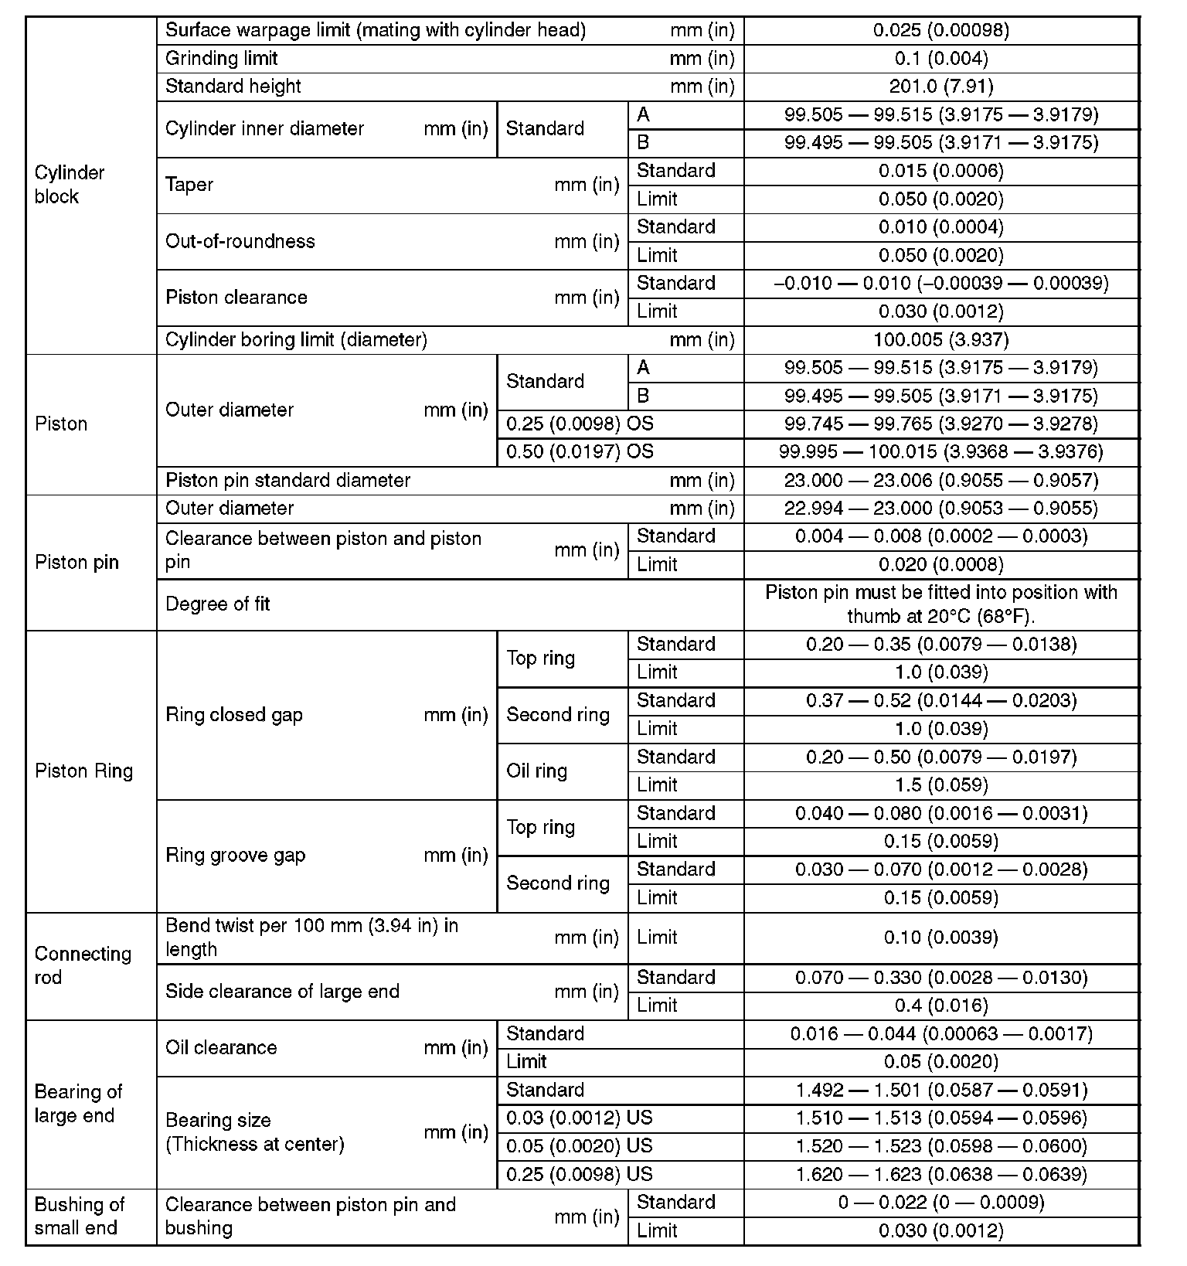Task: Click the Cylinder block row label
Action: [x=70, y=185]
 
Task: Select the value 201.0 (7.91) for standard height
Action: [x=940, y=87]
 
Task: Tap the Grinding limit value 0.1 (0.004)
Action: [x=940, y=59]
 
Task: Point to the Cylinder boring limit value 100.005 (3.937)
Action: [x=940, y=340]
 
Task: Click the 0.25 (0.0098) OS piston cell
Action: [x=580, y=424]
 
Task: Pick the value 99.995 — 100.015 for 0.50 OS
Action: [x=940, y=452]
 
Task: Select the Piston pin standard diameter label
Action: [x=287, y=481]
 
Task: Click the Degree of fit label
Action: [x=218, y=604]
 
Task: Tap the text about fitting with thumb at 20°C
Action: [x=940, y=604]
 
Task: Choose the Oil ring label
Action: [x=537, y=771]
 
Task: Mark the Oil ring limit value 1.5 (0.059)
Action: [x=940, y=785]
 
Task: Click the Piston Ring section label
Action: [x=84, y=771]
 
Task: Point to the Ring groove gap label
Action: [x=236, y=856]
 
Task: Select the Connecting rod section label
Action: [x=83, y=965]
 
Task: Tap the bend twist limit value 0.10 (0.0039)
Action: [x=940, y=938]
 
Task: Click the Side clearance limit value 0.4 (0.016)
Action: [x=940, y=1006]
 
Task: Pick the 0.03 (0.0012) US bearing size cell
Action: [x=580, y=1118]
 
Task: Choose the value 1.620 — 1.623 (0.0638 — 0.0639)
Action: [x=940, y=1175]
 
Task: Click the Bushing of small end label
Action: [x=80, y=1217]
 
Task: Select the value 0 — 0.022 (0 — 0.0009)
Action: [x=940, y=1203]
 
